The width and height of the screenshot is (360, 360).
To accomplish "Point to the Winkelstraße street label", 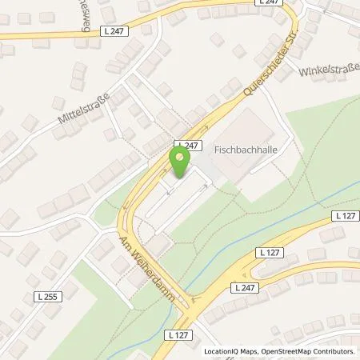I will point(329,73).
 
